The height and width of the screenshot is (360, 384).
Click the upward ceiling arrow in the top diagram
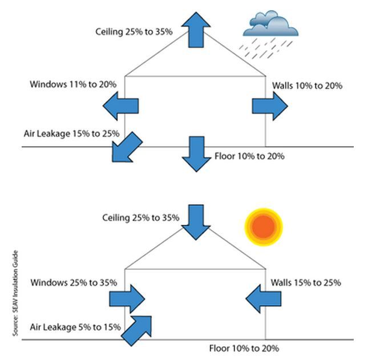(196, 29)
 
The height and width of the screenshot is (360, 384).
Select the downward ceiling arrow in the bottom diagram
(196, 221)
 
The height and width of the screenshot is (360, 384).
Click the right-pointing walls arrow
(270, 106)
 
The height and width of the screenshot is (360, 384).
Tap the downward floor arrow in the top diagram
(196, 153)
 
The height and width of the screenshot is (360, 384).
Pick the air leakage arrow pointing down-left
(126, 147)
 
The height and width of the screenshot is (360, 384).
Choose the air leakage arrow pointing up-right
(137, 330)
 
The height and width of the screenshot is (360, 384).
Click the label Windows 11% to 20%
(73, 84)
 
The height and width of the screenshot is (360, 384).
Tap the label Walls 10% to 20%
(307, 86)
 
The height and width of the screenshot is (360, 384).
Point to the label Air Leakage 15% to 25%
(71, 134)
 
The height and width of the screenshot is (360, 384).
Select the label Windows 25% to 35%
(74, 282)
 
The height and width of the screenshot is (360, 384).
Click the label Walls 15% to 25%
(306, 282)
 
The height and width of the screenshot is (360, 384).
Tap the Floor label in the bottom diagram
(244, 348)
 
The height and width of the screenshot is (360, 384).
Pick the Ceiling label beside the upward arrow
(134, 31)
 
